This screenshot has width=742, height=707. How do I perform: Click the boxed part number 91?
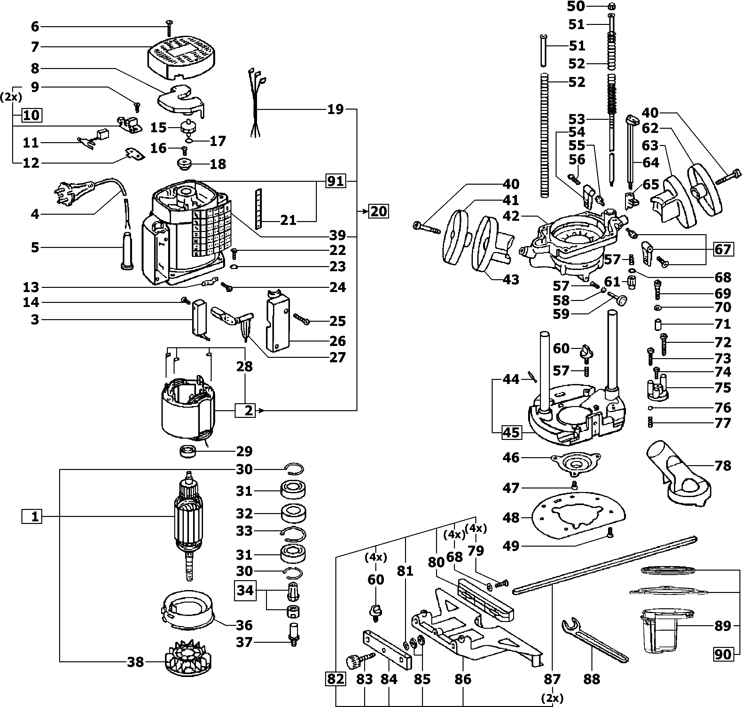(x=336, y=181)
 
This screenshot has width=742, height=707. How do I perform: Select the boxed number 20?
(x=379, y=211)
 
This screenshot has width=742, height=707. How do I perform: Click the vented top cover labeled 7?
(x=182, y=58)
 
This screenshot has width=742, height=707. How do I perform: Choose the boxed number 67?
(x=723, y=250)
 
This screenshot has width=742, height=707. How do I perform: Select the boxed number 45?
(x=511, y=432)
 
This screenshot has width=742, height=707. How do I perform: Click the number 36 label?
(x=244, y=625)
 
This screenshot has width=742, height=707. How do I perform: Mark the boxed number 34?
(x=245, y=590)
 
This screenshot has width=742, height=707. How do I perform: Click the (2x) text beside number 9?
(x=11, y=97)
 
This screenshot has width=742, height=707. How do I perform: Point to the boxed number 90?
(x=723, y=655)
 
